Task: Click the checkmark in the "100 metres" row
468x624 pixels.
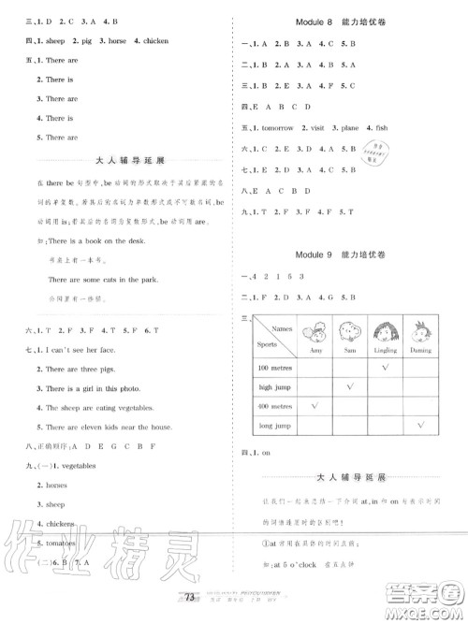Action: [385, 367]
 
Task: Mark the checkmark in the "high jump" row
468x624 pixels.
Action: [350, 385]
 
